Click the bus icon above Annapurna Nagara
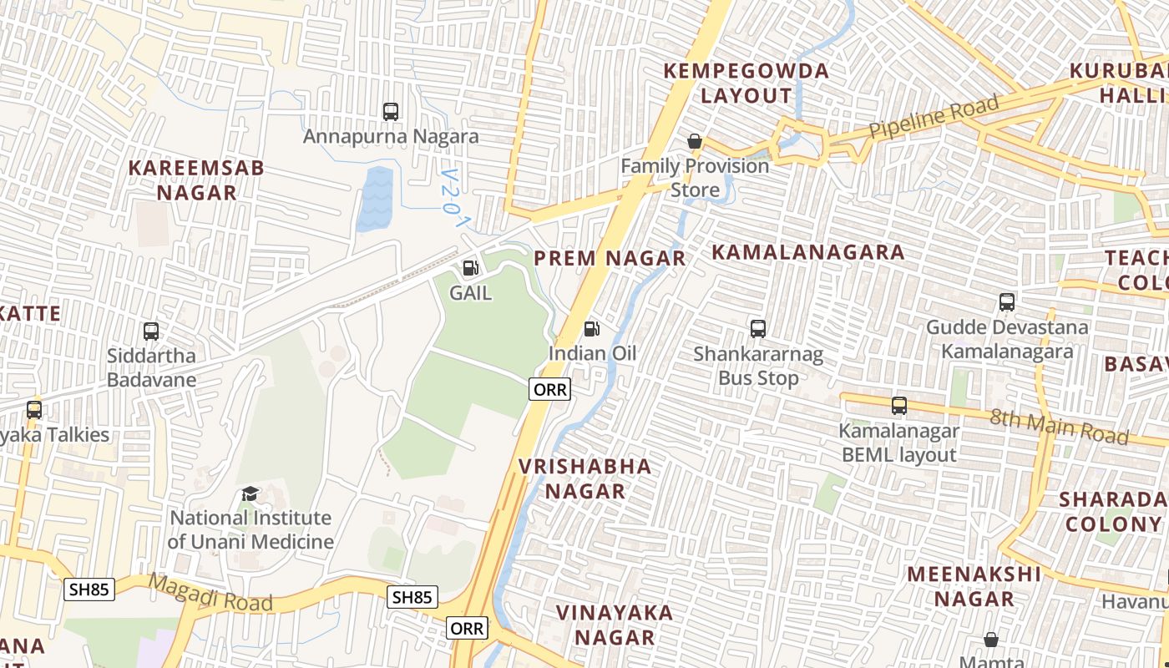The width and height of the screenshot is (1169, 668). pos(390,111)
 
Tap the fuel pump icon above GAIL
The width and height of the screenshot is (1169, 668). pos(470,268)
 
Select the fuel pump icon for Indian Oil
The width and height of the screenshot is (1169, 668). pos(591,329)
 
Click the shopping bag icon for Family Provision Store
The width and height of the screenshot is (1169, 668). pos(694,141)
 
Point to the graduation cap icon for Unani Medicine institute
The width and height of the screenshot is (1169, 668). pos(250,494)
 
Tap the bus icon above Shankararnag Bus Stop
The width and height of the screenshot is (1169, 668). pos(757,329)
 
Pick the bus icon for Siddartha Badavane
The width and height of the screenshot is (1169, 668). pos(151,331)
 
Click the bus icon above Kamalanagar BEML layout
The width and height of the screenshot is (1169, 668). pos(898,406)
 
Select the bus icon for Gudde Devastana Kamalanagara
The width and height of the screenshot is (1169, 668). pos(1006,302)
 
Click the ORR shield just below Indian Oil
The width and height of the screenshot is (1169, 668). pos(549,389)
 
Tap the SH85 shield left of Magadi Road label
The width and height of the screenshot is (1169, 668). pos(89,590)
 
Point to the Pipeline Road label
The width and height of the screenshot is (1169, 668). pos(934,118)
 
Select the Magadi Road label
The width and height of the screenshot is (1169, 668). pos(210,592)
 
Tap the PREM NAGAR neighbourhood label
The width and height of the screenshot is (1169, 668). pos(610,258)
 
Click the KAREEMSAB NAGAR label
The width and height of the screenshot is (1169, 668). pos(196,180)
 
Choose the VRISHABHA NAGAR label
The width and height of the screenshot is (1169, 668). pos(585,478)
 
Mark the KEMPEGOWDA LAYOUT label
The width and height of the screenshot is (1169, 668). pos(746,83)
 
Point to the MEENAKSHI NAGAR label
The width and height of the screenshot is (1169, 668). pos(974,586)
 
